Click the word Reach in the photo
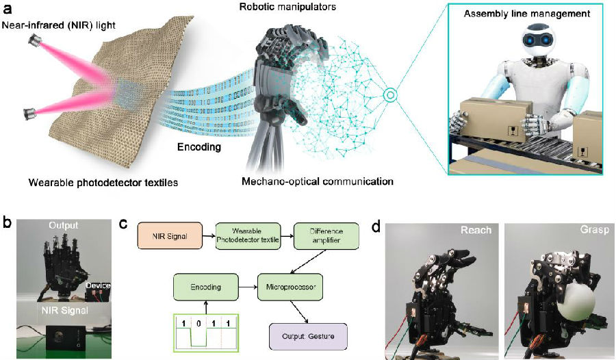point(476,230)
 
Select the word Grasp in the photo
point(591,230)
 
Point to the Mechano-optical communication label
point(317,181)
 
